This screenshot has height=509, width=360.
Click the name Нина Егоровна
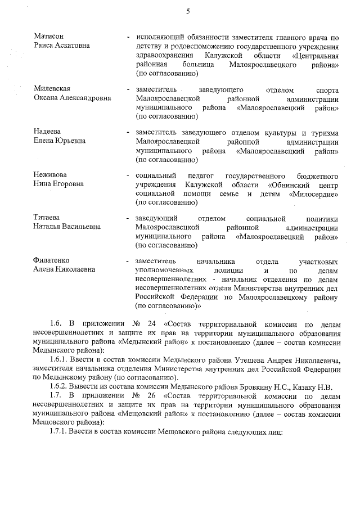pyautogui.click(x=58, y=184)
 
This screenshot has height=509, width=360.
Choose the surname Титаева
pyautogui.click(x=47, y=218)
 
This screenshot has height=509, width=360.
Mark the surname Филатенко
pyautogui.click(x=52, y=261)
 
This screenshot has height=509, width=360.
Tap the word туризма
pyautogui.click(x=323, y=133)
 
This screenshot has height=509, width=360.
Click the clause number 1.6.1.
pyautogui.click(x=60, y=360)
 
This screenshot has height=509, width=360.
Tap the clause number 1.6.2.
pyautogui.click(x=60, y=386)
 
